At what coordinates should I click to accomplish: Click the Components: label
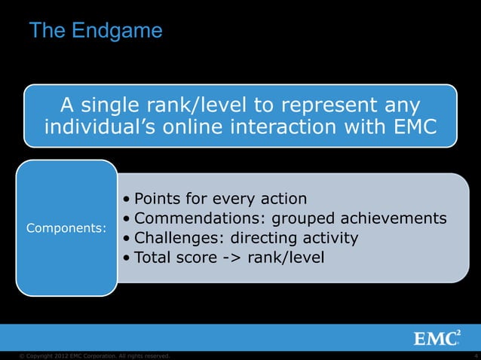(66, 227)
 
